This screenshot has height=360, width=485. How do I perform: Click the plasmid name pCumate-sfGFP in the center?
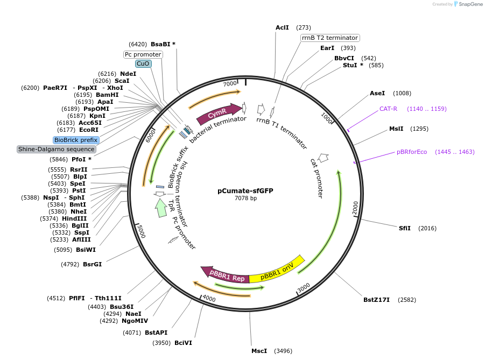[x=245, y=190]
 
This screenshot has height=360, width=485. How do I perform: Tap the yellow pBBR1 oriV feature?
[x=277, y=271]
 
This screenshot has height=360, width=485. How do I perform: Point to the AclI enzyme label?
[x=282, y=27]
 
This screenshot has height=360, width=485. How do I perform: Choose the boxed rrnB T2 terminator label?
[x=330, y=38]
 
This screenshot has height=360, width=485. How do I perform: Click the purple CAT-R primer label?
[x=388, y=109]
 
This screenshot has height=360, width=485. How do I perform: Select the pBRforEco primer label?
[x=412, y=152]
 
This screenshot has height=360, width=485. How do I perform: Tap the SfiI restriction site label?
[x=404, y=228]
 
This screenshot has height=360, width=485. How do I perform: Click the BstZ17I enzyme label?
[x=376, y=300]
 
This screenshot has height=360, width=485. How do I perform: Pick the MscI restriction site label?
[x=259, y=351]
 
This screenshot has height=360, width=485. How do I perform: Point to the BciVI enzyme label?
[x=183, y=343]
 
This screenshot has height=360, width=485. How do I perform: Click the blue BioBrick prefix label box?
[x=76, y=140]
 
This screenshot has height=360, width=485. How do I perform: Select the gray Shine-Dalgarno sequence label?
[x=57, y=149]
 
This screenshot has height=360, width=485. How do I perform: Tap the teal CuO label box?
[x=143, y=63]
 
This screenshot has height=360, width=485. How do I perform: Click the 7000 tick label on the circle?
[x=230, y=83]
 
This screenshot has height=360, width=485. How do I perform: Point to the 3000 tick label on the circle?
[x=304, y=287]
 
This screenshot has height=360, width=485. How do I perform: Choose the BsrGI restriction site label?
[x=92, y=264]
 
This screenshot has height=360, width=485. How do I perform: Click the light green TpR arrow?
[x=160, y=208]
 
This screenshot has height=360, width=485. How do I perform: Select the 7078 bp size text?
[x=245, y=198]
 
